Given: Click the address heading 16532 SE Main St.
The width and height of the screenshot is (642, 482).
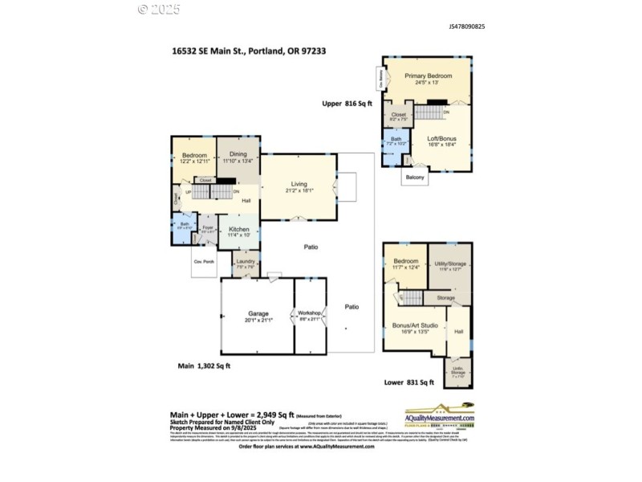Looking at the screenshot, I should pyautogui.click(x=248, y=50).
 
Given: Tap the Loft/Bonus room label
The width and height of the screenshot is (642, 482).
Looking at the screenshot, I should pyautogui.click(x=441, y=138).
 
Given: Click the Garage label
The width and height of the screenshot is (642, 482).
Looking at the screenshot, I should pyautogui.click(x=258, y=313).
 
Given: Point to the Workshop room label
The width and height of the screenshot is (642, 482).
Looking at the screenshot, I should pyautogui.click(x=309, y=312).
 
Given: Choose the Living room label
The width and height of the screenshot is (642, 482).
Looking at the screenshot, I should pyautogui.click(x=299, y=186).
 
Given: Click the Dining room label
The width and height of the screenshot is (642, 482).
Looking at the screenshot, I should pyautogui.click(x=238, y=154).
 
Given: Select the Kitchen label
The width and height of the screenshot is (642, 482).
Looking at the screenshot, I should pyautogui.click(x=238, y=230).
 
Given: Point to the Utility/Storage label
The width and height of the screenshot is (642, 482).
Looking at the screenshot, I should pyautogui.click(x=451, y=264).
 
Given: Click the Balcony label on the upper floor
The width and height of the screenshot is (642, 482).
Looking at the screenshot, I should pyautogui.click(x=415, y=177).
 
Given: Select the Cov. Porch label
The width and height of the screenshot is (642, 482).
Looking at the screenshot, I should pyautogui.click(x=203, y=262).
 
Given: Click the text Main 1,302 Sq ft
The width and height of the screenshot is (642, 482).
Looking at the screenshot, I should pyautogui.click(x=204, y=366).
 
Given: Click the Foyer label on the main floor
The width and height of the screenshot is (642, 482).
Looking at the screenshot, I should pyautogui.click(x=206, y=228).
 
